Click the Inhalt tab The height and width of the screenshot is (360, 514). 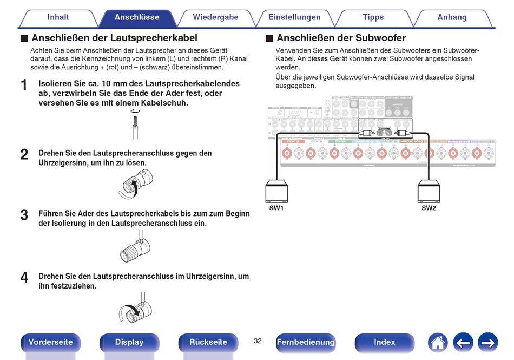(x=58, y=17)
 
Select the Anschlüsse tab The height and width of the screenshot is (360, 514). (x=137, y=17)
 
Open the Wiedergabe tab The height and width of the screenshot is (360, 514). (x=215, y=17)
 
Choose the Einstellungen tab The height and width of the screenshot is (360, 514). (x=294, y=17)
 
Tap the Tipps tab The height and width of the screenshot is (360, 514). (x=373, y=17)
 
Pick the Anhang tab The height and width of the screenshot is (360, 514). (x=452, y=17)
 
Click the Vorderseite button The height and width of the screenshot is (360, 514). (x=50, y=342)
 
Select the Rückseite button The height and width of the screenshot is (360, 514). (x=208, y=342)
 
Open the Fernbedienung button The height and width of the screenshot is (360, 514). (x=305, y=342)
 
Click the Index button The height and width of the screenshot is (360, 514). (x=384, y=342)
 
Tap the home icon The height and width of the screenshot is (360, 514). (x=438, y=342)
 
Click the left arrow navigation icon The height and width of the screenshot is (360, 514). (x=463, y=342)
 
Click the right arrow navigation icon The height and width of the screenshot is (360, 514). (x=487, y=342)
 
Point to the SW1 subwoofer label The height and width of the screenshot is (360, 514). (x=276, y=208)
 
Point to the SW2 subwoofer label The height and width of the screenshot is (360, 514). (x=429, y=208)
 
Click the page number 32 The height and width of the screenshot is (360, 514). (x=258, y=341)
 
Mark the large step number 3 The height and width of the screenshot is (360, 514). (x=24, y=215)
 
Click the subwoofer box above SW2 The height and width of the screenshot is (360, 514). (x=430, y=192)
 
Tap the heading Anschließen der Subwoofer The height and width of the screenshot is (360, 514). (x=341, y=38)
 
